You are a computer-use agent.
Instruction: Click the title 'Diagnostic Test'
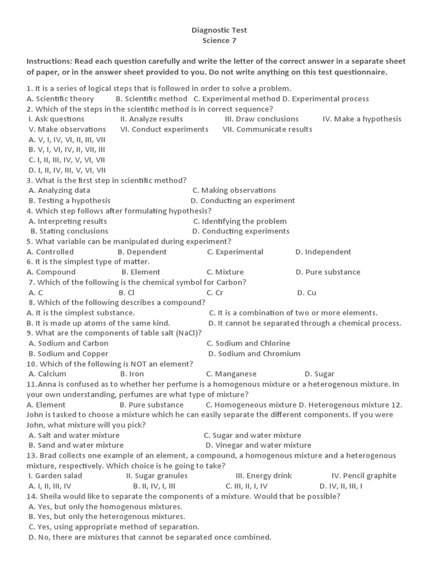tap(219, 30)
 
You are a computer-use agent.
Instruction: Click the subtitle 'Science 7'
tap(219, 41)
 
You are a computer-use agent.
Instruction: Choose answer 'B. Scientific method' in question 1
tap(151, 98)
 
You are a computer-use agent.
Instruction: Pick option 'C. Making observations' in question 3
tap(234, 191)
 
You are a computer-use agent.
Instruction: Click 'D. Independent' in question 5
tap(323, 252)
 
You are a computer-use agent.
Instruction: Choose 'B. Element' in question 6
tap(141, 272)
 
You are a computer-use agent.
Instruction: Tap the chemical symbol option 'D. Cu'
tap(306, 293)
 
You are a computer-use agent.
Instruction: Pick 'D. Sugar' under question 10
tap(320, 374)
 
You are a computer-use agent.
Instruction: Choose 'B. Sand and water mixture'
tap(75, 445)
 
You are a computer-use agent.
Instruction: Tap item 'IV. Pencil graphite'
tap(364, 476)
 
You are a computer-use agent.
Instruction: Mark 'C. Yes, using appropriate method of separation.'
tap(113, 527)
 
